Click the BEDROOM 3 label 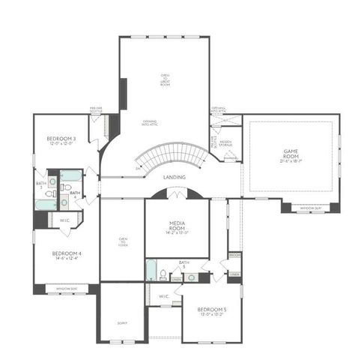click(x=61, y=139)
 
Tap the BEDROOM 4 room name click(x=67, y=253)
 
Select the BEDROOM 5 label click(x=211, y=309)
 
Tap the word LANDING click(x=175, y=177)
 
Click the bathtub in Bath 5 click(x=151, y=270)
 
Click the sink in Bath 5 click(x=192, y=277)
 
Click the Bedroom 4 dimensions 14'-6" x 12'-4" click(x=67, y=259)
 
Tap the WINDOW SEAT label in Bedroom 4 click(x=67, y=287)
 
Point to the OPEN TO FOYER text click(x=123, y=241)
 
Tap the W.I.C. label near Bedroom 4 click(x=64, y=220)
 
